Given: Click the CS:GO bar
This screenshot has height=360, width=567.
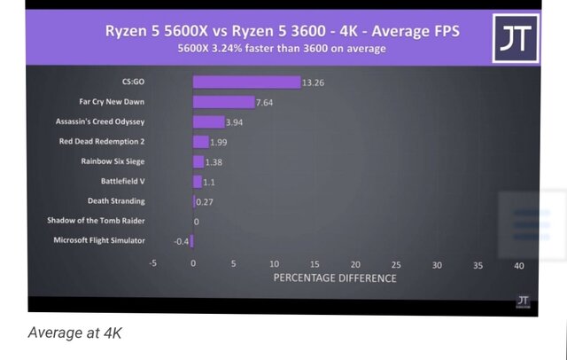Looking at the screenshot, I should click(246, 82).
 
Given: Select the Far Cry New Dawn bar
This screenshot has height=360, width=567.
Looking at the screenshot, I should click(223, 102).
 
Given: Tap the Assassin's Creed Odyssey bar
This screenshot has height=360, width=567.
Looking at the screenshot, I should click(208, 121).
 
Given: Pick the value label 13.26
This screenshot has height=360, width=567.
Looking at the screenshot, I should click(313, 82).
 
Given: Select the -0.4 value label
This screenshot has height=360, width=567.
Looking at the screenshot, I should click(181, 240).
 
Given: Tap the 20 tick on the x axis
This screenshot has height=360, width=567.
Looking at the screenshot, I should click(355, 265).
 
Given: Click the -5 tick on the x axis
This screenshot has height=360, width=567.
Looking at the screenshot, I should click(152, 265).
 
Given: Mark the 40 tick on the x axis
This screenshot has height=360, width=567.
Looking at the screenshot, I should click(518, 265).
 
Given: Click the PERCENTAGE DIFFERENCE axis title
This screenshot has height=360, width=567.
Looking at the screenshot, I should click(335, 278).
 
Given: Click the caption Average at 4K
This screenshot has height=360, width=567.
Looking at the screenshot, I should click(75, 333).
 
